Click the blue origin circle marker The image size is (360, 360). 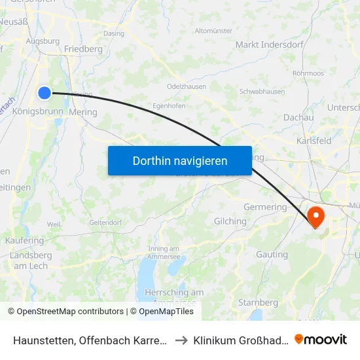45,93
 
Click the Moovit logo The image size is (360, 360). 321,339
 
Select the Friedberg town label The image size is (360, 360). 83,49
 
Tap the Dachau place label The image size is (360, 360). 298,117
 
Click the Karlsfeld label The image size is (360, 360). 314,141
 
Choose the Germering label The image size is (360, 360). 266,207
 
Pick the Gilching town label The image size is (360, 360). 230,222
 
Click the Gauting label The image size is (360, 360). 272,255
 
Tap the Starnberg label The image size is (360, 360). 257,302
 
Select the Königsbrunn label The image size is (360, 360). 38,112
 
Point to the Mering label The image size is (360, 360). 82,112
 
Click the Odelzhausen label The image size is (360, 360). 187,87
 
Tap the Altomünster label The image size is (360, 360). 214,31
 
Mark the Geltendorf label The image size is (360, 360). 105,223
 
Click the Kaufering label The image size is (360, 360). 26,241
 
